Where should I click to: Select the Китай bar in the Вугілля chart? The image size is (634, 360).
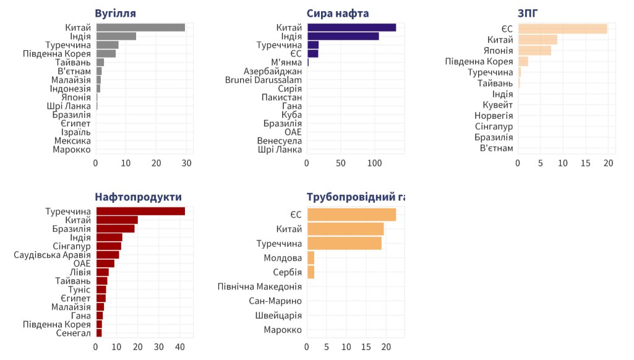tap(140, 27)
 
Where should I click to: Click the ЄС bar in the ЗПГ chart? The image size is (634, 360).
tap(562, 28)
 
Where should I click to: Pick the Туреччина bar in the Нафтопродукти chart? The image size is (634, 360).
tap(140, 212)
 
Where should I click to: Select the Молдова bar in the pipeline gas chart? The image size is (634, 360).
tap(311, 257)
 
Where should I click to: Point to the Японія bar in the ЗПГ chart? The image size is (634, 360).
tap(534, 51)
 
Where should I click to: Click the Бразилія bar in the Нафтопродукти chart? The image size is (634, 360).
tap(115, 228)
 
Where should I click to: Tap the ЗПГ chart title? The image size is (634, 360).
tap(528, 14)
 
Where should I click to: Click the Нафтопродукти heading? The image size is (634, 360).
tap(138, 197)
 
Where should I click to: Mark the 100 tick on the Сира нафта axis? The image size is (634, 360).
tap(375, 163)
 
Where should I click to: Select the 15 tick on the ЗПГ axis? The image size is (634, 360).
tap(586, 163)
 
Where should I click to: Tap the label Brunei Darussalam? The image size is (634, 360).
tap(263, 80)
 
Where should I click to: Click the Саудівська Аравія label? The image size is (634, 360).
tap(53, 255)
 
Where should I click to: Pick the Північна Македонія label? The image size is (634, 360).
tap(260, 286)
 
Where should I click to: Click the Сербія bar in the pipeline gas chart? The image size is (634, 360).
tap(311, 272)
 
